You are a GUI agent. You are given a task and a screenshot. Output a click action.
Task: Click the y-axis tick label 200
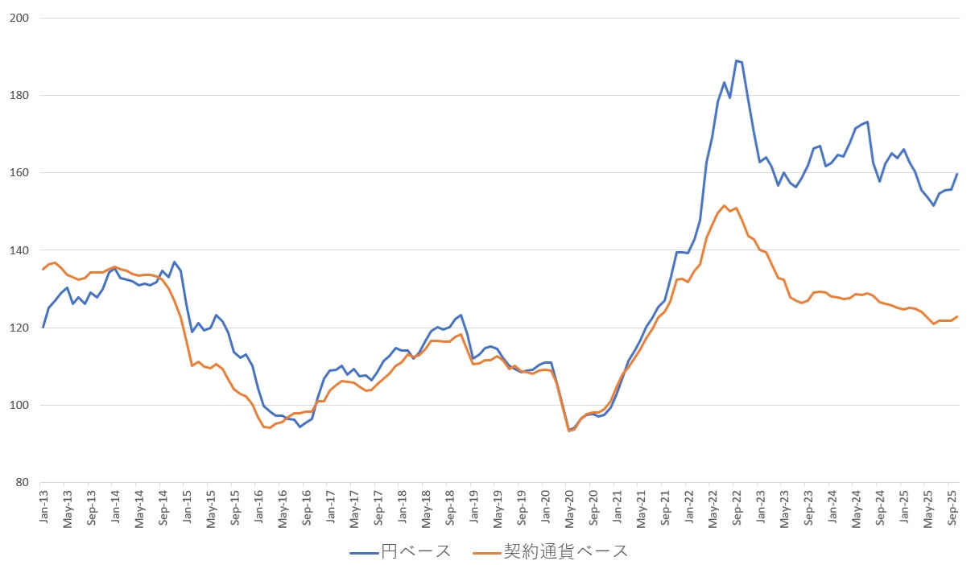coord(19,18)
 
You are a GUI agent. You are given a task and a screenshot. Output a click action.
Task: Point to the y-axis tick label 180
coord(19,95)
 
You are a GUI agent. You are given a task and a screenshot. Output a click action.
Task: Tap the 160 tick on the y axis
coord(19,173)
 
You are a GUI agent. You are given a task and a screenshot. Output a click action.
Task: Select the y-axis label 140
coord(19,250)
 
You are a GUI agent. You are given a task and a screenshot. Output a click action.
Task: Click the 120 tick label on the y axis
coord(19,328)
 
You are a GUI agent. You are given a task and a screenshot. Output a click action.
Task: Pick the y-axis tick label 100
coord(19,405)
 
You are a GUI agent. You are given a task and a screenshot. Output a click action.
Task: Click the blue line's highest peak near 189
coord(736,60)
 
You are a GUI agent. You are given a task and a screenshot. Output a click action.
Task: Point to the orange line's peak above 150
coord(725,205)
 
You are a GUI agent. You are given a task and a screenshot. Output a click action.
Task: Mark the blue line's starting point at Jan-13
coord(43,328)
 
